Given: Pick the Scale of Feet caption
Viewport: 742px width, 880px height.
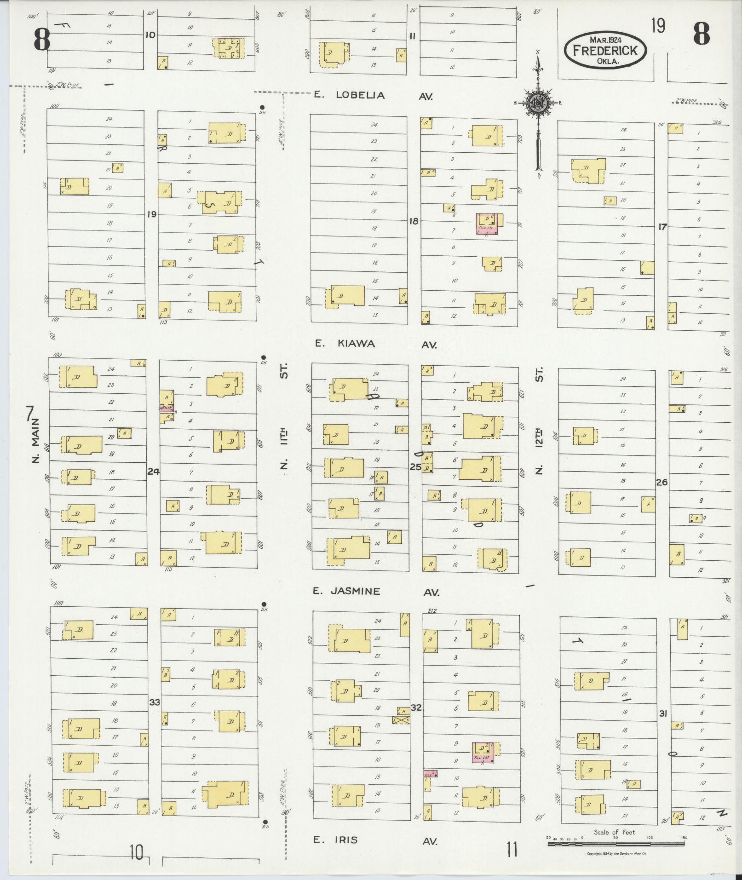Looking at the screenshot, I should coord(615,832).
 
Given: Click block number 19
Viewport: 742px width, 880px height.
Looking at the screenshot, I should coord(152,214).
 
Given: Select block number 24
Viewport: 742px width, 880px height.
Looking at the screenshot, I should coord(153,472).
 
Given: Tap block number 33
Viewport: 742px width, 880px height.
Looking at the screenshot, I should coord(155,715).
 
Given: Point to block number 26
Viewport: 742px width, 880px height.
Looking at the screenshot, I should coord(661,483).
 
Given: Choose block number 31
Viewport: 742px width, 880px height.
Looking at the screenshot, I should coord(663,714).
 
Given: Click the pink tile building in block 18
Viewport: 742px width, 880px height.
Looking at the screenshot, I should coord(488,224).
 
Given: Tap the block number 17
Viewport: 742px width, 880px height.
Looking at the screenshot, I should coord(662,226).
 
